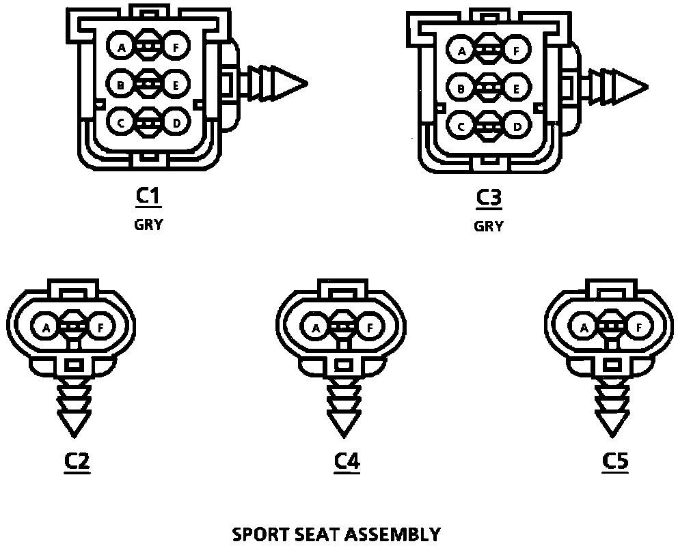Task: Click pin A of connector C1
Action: coord(122,48)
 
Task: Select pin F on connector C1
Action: coord(176,48)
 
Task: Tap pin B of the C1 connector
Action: coord(121,85)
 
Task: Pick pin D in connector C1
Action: coord(176,123)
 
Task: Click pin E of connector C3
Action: coord(516,89)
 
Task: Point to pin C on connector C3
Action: coord(461,126)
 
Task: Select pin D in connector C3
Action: coord(517,126)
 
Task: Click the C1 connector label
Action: coord(148,196)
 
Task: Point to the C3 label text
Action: coord(489,198)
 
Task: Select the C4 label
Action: coord(347,462)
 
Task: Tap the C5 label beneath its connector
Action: coord(615,462)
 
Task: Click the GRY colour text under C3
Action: coord(489,227)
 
